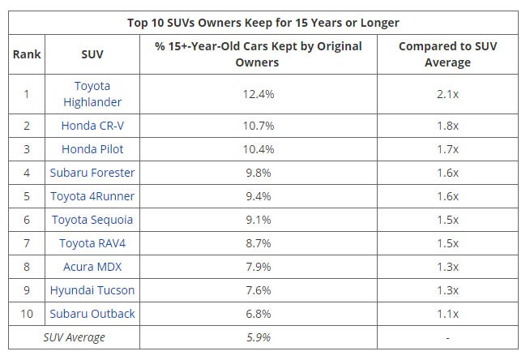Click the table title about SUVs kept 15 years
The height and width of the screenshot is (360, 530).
coord(263,22)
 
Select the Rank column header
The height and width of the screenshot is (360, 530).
coord(26,54)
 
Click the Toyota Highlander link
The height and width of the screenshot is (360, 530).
coord(92,94)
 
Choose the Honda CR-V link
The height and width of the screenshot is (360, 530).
coord(92,126)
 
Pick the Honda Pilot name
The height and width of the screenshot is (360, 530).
coord(92,149)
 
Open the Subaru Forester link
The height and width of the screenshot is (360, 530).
coord(92,173)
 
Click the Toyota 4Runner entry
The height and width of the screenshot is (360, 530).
coord(92,196)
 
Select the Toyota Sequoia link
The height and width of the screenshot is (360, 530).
coord(92,220)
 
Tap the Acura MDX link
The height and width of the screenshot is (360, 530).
coord(92,267)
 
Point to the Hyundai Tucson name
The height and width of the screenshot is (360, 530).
coord(92,290)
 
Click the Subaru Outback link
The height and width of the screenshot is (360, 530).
coord(92,314)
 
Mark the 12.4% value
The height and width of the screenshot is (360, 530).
coord(259,94)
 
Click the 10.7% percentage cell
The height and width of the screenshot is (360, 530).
coord(259,126)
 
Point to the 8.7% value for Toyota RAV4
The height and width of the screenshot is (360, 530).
coord(259,243)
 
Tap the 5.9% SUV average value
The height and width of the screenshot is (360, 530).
coord(259,337)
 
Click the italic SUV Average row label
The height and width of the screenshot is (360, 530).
coord(75,337)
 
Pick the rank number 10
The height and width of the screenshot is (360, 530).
coord(26,314)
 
